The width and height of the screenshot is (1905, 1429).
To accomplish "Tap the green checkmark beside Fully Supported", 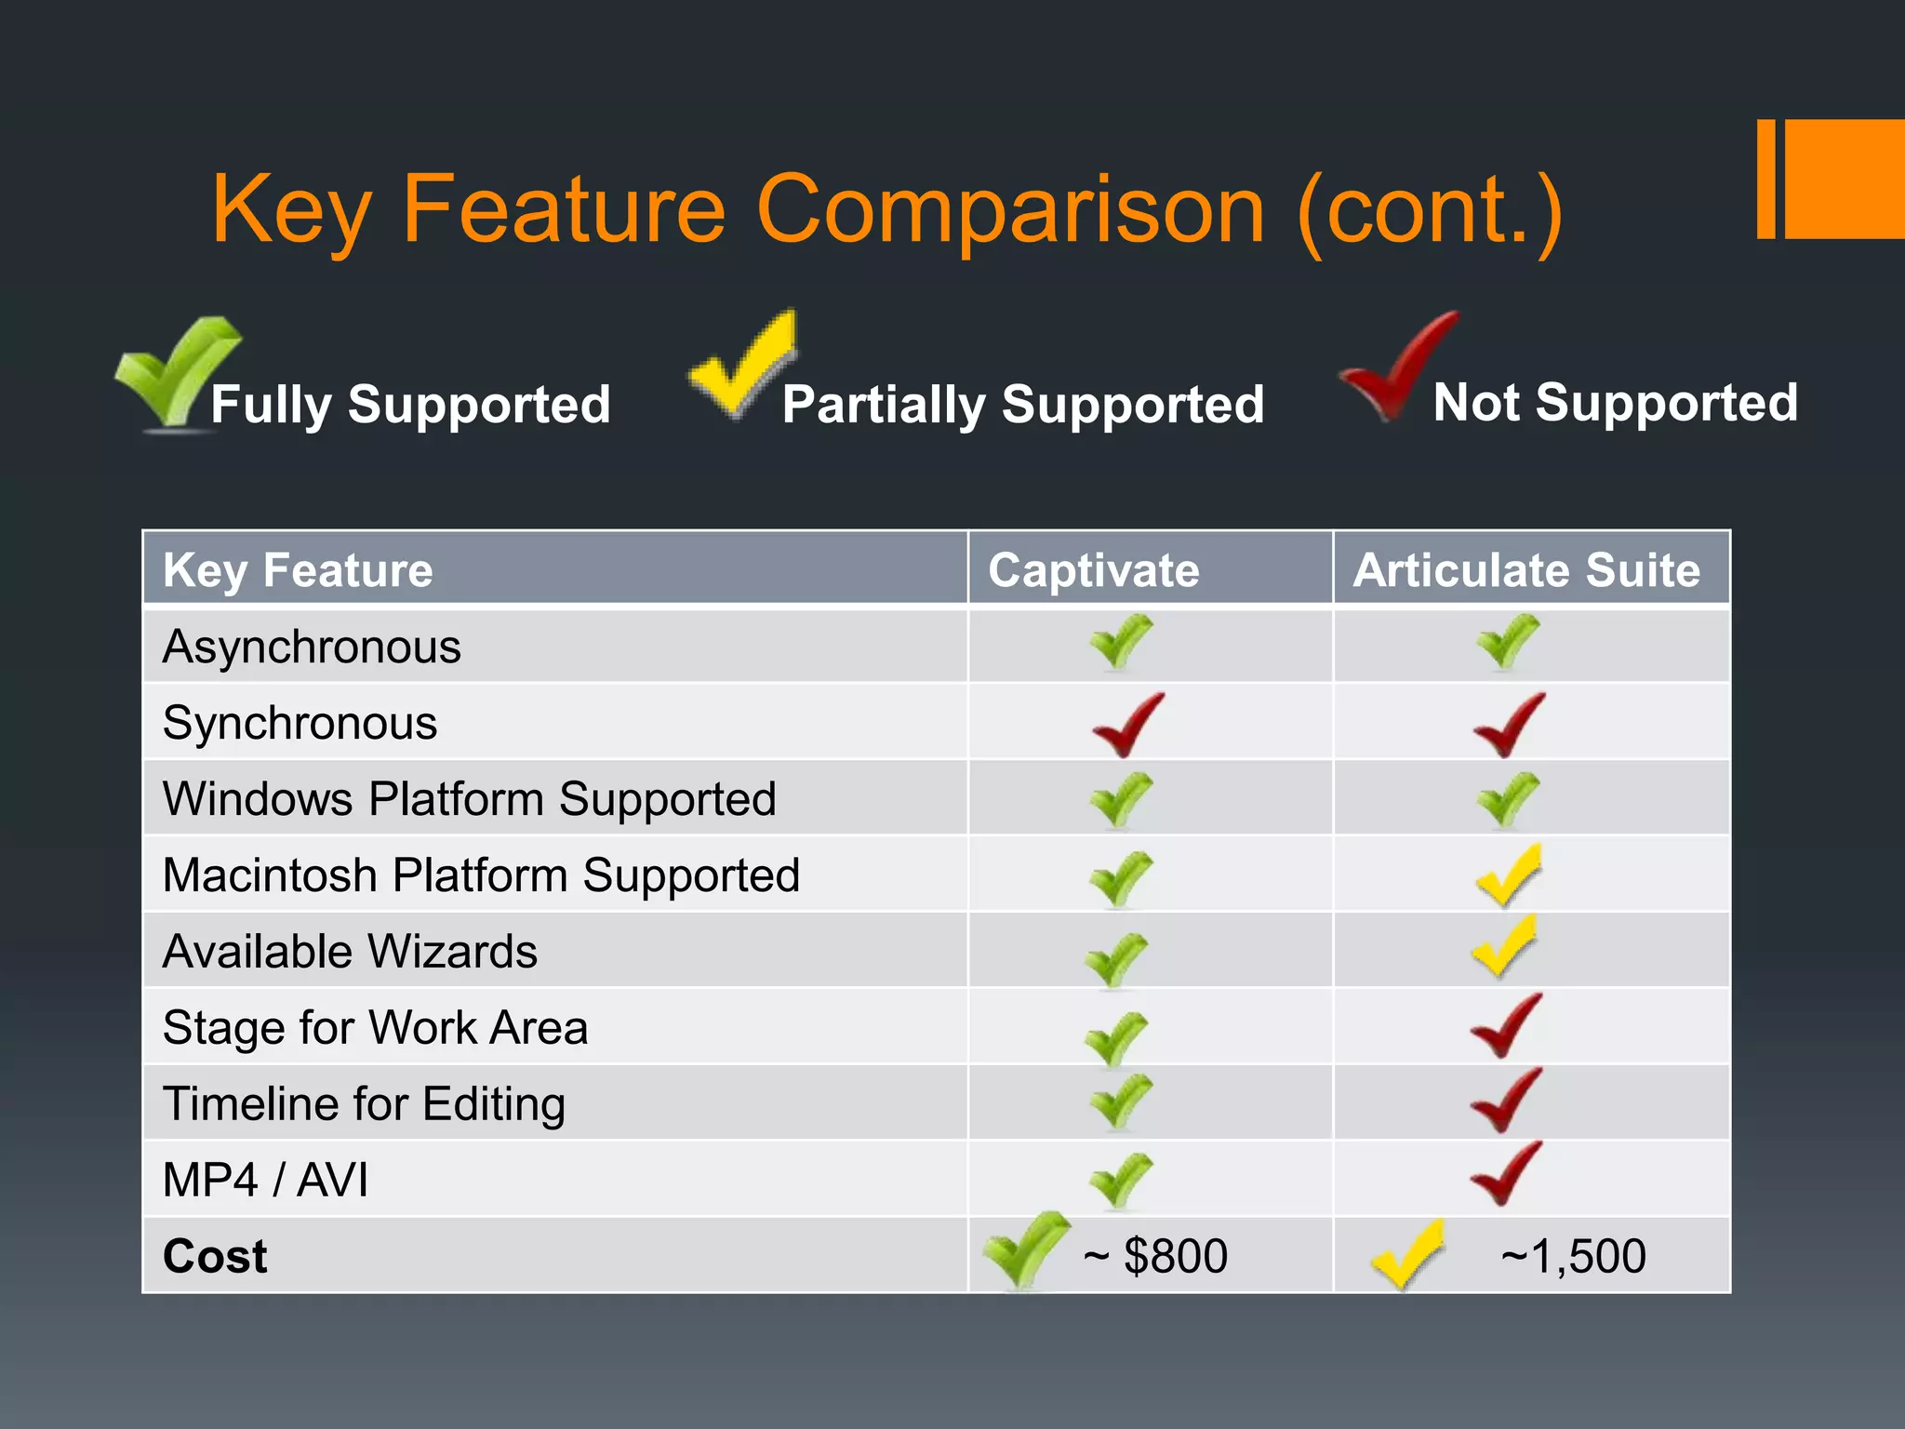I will [x=177, y=372].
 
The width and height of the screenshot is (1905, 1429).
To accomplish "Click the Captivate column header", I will [x=1093, y=569].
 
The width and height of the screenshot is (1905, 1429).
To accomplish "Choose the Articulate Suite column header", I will [x=1526, y=569].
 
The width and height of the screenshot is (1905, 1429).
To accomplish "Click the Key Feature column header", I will [x=298, y=569].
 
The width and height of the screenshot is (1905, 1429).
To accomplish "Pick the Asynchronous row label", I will [x=312, y=647].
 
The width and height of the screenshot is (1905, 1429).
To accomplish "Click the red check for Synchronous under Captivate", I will [x=1126, y=725].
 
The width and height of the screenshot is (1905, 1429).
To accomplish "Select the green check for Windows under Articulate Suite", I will [x=1508, y=799].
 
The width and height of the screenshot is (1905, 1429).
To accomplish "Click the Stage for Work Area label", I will [x=375, y=1028].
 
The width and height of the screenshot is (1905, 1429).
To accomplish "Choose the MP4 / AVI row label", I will [x=265, y=1180].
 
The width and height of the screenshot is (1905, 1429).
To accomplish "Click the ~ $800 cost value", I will [x=1155, y=1256].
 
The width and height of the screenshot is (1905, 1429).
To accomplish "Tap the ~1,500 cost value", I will [x=1573, y=1256].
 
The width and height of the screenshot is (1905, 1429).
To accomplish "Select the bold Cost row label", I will [x=215, y=1256].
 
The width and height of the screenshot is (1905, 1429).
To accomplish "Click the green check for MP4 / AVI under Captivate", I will [x=1121, y=1180].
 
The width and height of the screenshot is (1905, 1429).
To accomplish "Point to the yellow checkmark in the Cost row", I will [x=1407, y=1255].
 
